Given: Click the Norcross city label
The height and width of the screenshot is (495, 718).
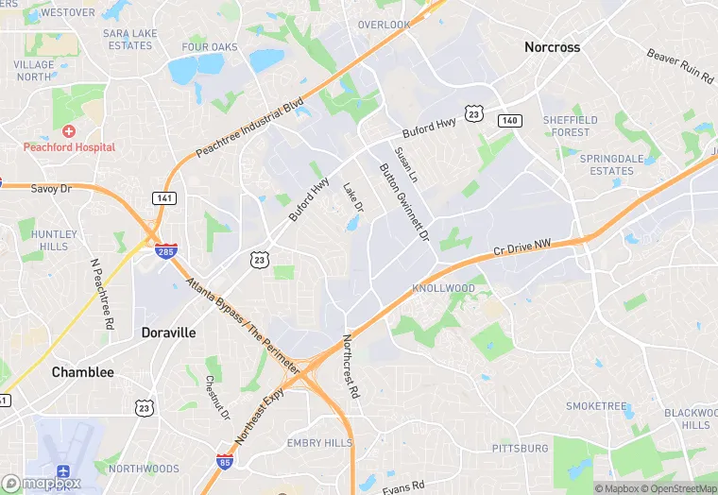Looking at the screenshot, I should click(552, 46).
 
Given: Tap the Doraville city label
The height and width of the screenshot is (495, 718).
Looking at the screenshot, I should click(168, 333).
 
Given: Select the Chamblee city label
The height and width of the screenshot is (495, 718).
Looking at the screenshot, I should click(82, 372).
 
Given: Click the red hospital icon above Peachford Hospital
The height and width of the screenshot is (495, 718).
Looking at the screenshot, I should click(68, 131).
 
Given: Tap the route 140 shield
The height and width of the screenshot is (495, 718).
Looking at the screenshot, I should click(509, 120).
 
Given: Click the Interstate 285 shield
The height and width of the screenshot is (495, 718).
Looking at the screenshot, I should click(166, 250).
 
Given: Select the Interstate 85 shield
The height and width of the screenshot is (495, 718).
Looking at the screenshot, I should click(225, 461).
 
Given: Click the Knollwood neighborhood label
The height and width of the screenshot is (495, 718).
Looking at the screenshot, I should click(443, 288).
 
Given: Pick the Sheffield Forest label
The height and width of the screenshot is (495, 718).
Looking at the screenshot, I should click(571, 126).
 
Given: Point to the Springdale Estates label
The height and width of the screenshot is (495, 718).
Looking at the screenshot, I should click(607, 164).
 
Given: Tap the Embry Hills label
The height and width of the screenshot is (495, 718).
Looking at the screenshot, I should click(319, 443).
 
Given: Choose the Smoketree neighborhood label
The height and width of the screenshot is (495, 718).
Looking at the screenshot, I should click(596, 406).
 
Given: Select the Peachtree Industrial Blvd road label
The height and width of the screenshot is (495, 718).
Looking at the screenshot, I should click(249, 127).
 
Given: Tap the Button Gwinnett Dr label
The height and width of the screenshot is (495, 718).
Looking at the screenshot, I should click(403, 200).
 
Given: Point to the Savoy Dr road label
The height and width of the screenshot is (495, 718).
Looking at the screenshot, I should click(51, 189).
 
